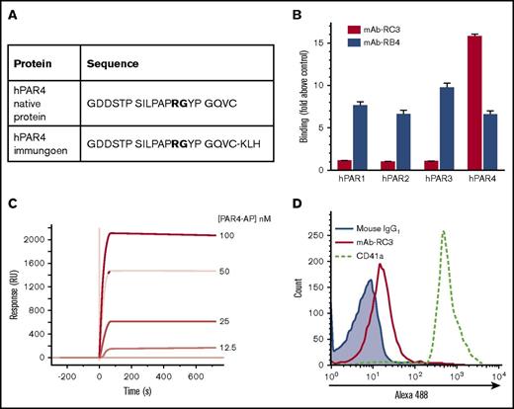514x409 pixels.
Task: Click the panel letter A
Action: coord(15,13)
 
